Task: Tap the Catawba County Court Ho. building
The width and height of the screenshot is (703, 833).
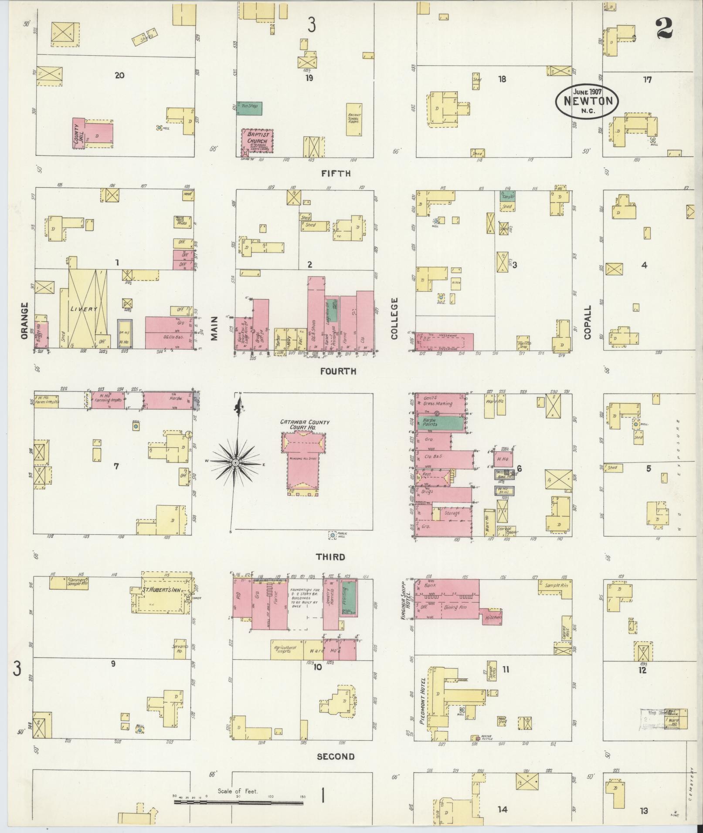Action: [304, 462]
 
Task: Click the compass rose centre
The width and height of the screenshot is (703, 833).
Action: [235, 462]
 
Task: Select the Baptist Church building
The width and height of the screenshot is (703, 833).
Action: [257, 141]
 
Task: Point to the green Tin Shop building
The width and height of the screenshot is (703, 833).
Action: [249, 108]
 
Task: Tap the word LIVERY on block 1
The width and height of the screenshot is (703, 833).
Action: [83, 309]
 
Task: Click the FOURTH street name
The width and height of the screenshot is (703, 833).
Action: [338, 371]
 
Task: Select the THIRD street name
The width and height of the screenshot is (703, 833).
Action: [330, 557]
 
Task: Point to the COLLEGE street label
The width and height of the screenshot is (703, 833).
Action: [394, 318]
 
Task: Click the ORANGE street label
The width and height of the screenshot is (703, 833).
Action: [24, 321]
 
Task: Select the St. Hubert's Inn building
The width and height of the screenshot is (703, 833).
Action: [162, 596]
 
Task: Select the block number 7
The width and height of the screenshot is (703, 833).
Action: [116, 466]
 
